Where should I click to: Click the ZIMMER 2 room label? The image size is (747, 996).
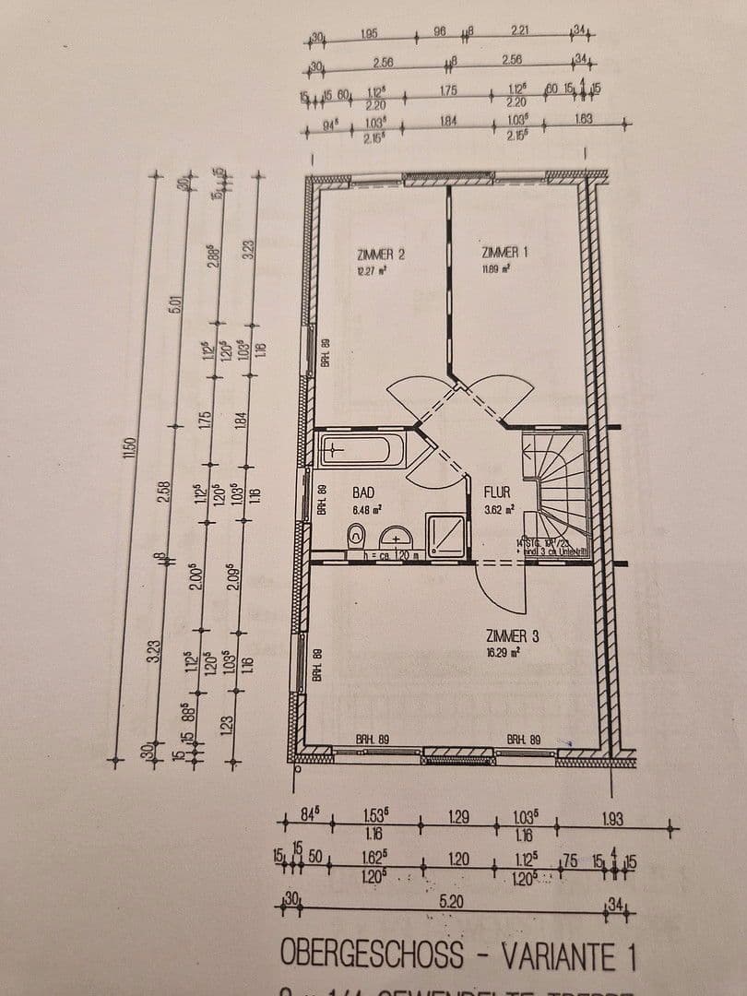click(x=381, y=254)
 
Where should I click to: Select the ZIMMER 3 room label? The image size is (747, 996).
click(x=506, y=635)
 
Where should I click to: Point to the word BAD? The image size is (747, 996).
click(x=362, y=493)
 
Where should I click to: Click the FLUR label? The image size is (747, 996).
click(x=496, y=492)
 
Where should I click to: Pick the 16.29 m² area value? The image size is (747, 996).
click(x=503, y=652)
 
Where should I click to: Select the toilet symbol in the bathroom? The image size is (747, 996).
click(x=355, y=536)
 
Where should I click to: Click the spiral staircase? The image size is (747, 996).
click(x=554, y=484)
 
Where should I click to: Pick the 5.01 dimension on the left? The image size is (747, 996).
click(x=173, y=302)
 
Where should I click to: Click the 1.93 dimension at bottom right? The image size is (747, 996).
click(x=612, y=817)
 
